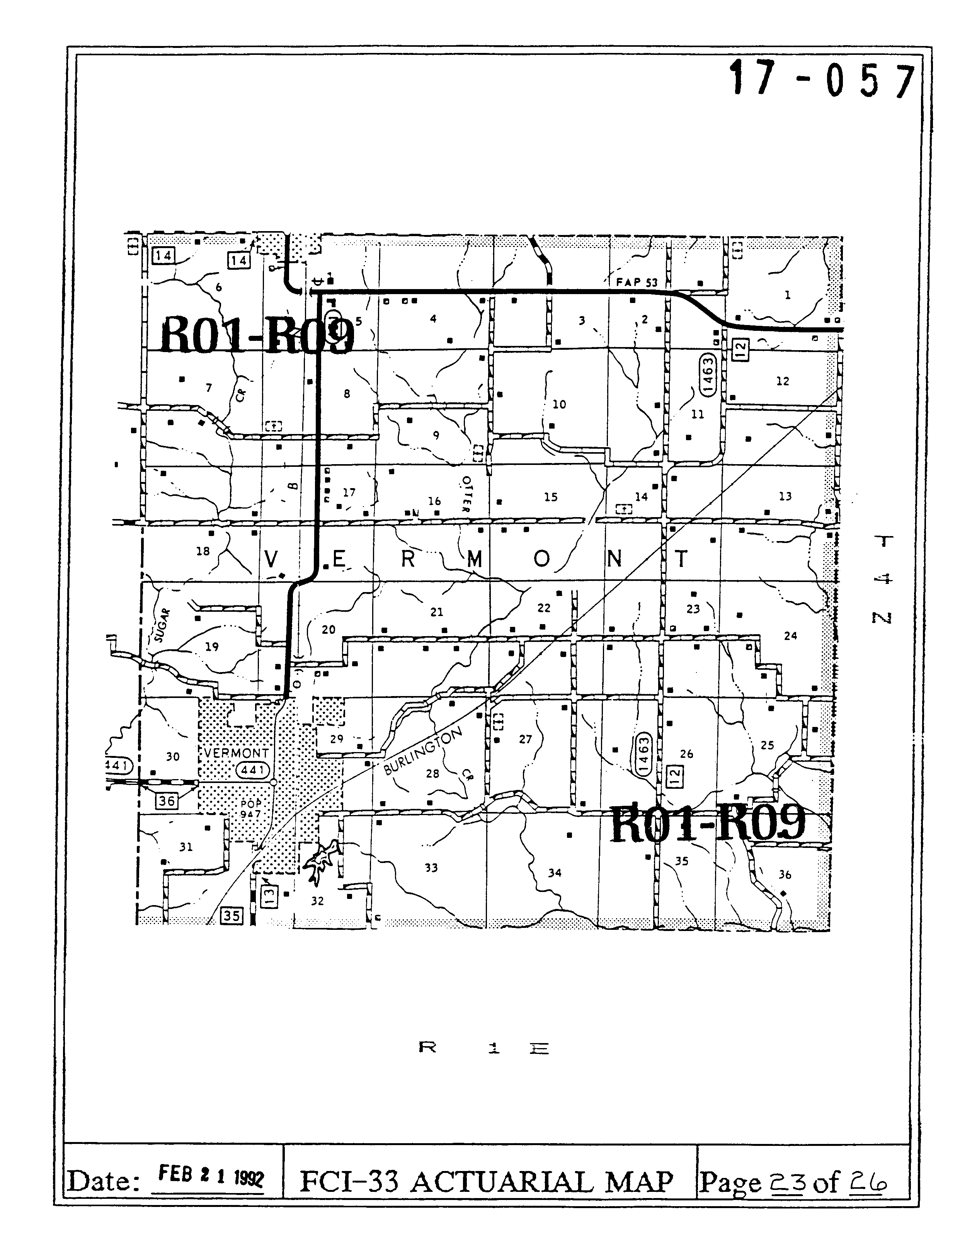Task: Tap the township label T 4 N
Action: pos(883,579)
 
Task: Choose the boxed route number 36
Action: pos(167,801)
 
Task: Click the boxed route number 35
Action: pos(231,915)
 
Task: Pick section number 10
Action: pos(559,404)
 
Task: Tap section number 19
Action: pos(212,647)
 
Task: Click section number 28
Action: pos(432,773)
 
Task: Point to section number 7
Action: pos(209,388)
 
